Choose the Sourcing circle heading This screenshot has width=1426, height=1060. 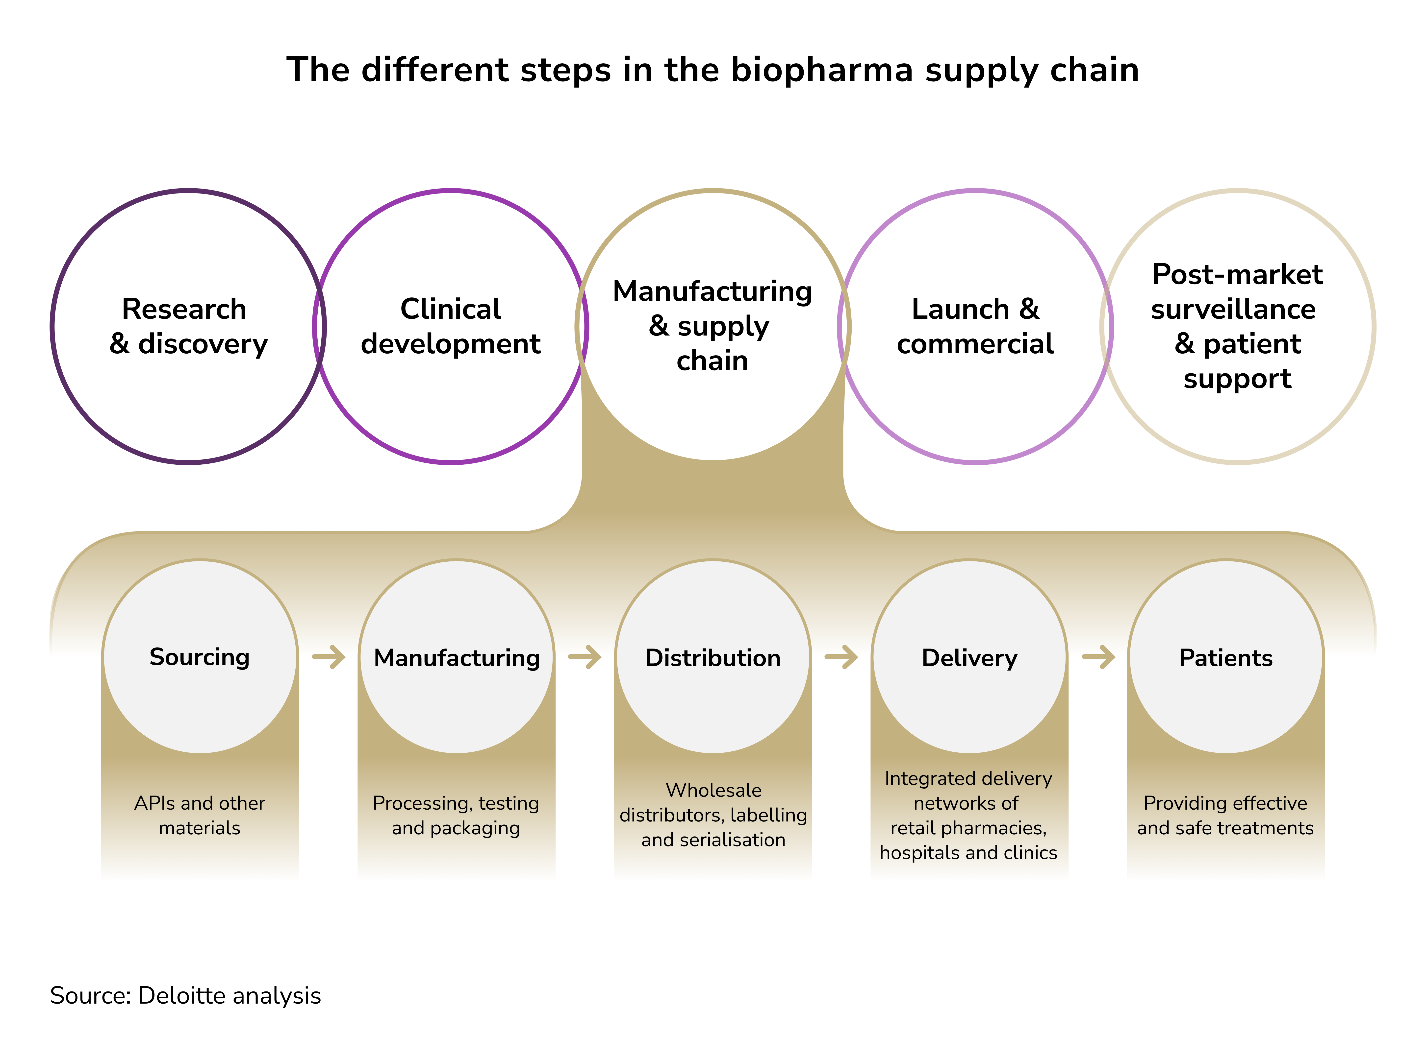coord(200,657)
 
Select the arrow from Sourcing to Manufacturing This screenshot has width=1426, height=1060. coord(329,657)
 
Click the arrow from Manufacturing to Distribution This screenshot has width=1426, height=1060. coord(585,657)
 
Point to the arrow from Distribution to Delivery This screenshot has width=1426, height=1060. coord(841,657)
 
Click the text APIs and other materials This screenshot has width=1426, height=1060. coord(200,816)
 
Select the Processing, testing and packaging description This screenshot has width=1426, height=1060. coord(456,816)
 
